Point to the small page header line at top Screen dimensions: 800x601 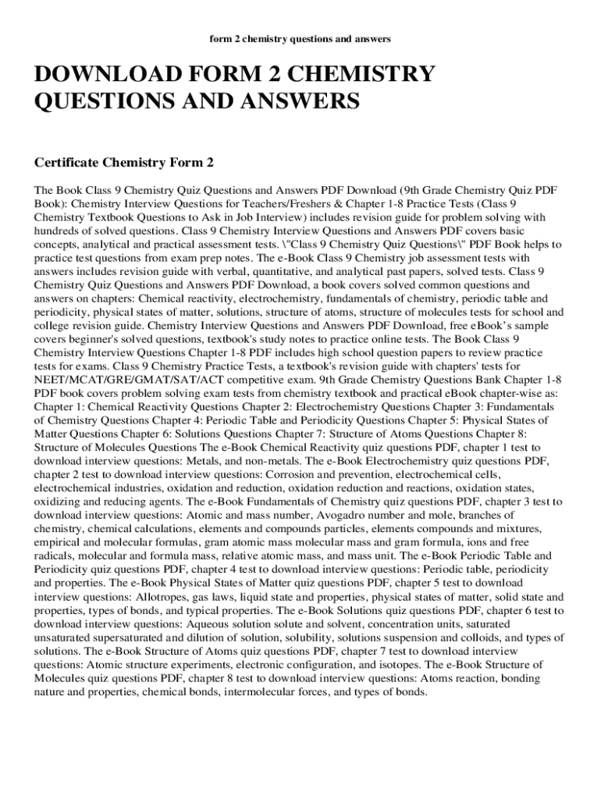(300, 37)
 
